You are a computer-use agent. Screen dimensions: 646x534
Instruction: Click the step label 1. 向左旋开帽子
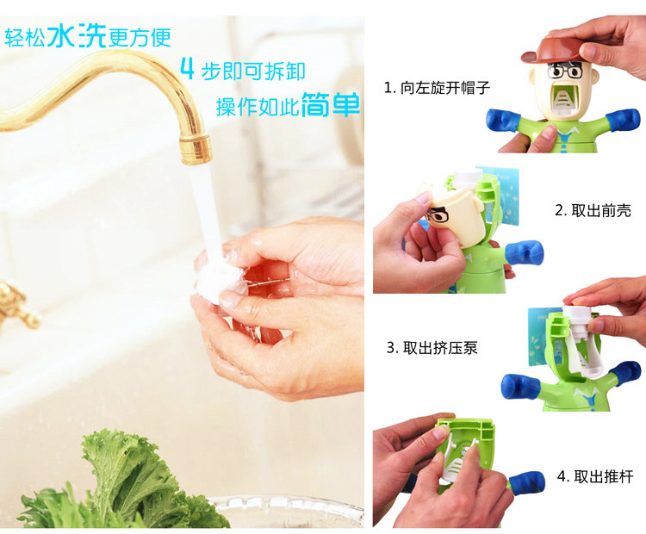pyautogui.click(x=437, y=88)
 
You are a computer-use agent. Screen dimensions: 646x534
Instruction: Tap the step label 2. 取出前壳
pyautogui.click(x=593, y=210)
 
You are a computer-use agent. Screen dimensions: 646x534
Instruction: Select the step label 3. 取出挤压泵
pyautogui.click(x=432, y=348)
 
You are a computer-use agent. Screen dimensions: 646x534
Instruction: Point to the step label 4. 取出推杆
pyautogui.click(x=595, y=476)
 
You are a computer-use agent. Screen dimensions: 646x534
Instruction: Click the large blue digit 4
pyautogui.click(x=188, y=69)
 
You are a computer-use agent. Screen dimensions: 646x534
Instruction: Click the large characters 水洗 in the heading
pyautogui.click(x=77, y=35)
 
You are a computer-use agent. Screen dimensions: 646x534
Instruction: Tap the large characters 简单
pyautogui.click(x=331, y=105)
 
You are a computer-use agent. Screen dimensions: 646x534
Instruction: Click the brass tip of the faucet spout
pyautogui.click(x=196, y=148)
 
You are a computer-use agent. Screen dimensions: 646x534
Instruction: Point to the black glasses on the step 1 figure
pyautogui.click(x=564, y=71)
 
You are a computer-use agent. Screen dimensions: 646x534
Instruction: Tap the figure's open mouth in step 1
pyautogui.click(x=562, y=98)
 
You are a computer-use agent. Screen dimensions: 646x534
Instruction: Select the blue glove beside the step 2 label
pyautogui.click(x=524, y=251)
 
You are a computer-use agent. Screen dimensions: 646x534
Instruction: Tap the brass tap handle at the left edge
pyautogui.click(x=16, y=304)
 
